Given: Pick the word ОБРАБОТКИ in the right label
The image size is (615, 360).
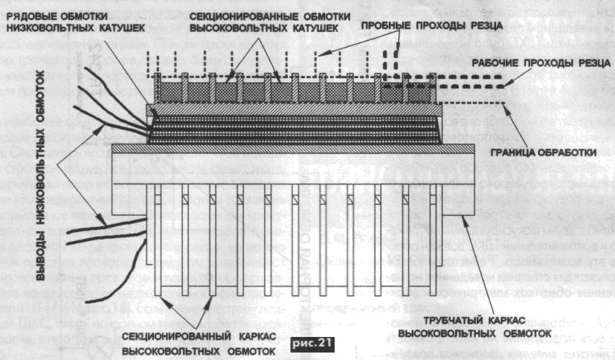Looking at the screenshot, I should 574,154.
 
